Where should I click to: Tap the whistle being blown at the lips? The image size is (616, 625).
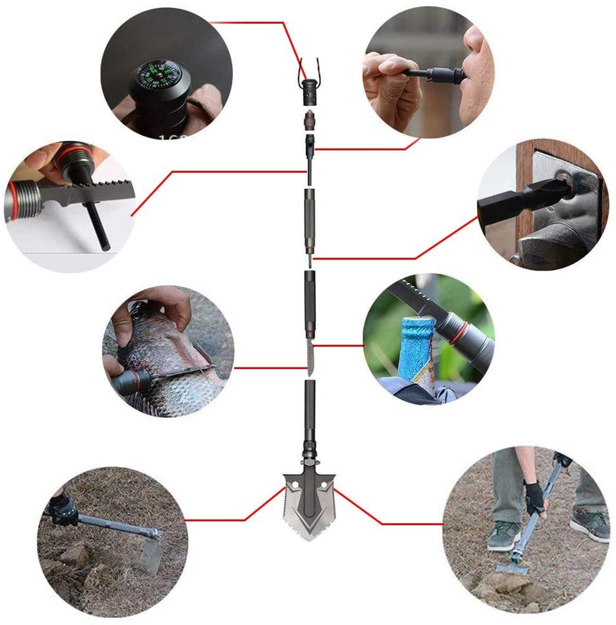[x=441, y=76]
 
